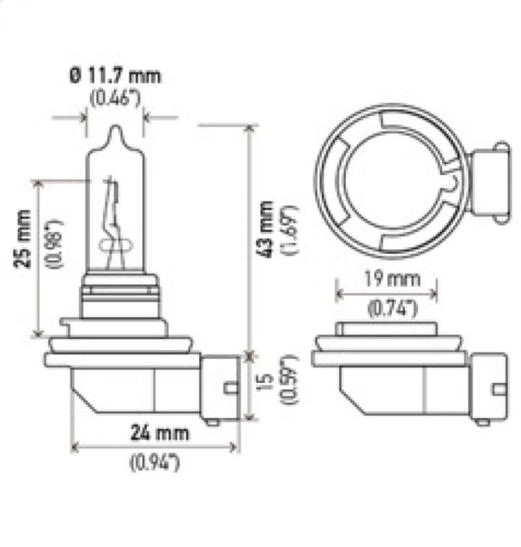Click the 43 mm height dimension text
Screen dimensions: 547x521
pos(266,230)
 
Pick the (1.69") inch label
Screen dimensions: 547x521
pos(291,230)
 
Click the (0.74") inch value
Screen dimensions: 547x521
pos(384,309)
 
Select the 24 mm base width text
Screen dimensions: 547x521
pos(154,431)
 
